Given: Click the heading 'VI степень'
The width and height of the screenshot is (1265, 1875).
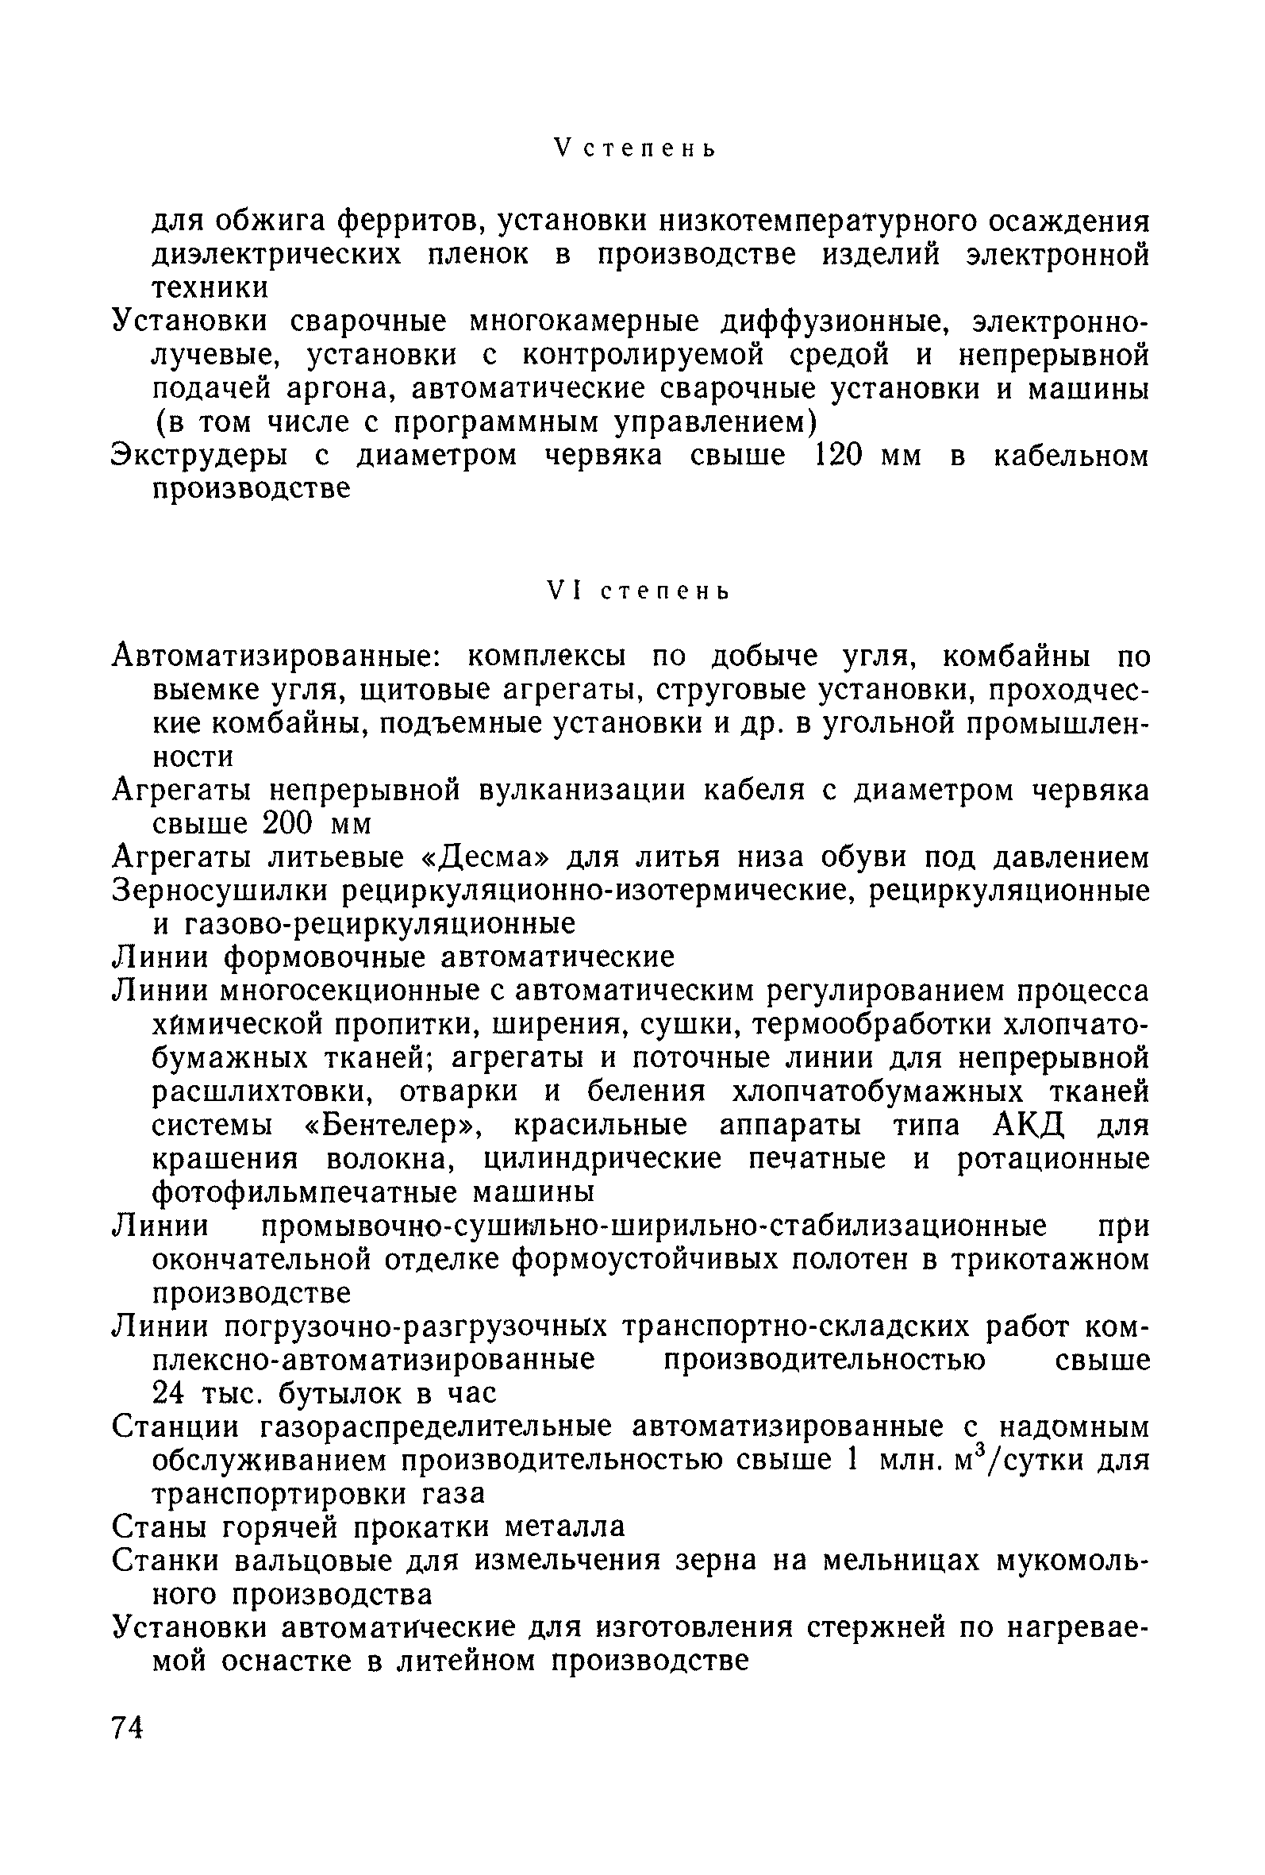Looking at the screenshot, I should tap(638, 591).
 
